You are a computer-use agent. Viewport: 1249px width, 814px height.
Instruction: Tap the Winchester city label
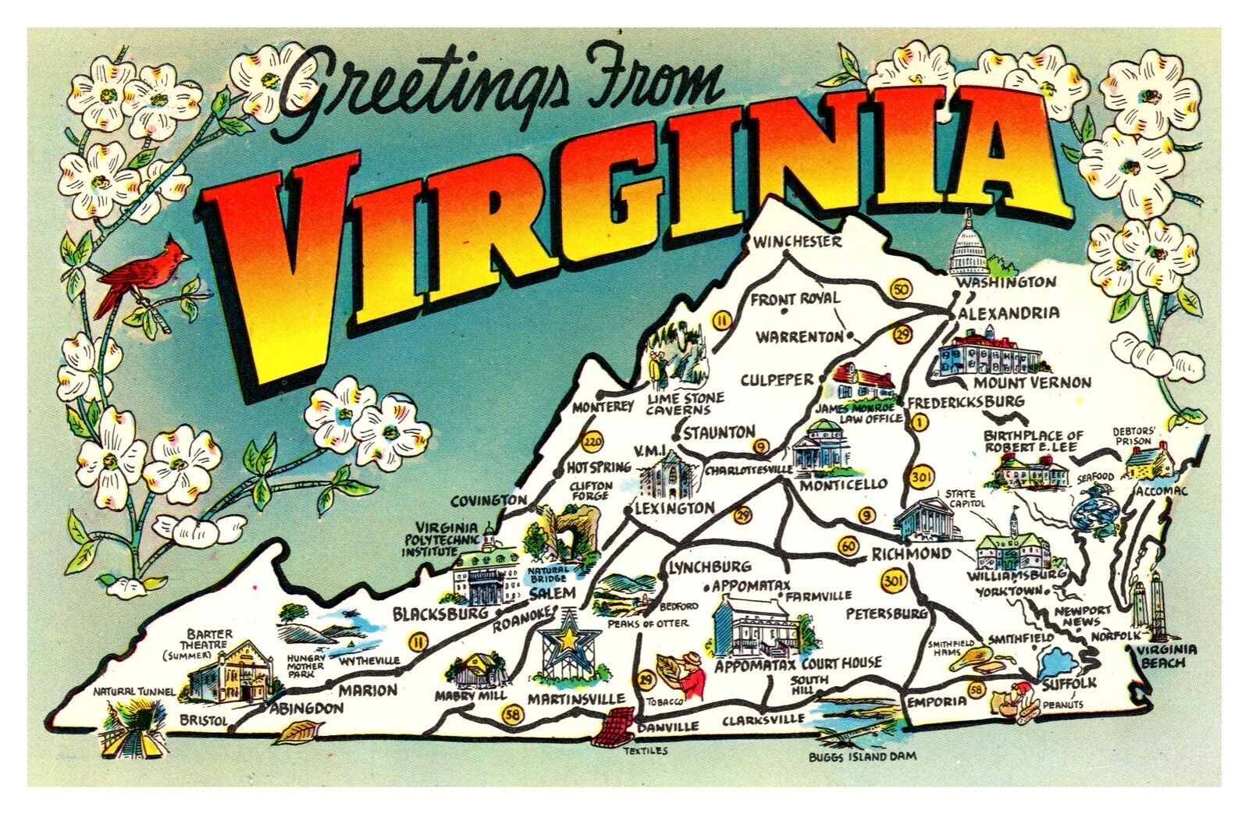coord(797,242)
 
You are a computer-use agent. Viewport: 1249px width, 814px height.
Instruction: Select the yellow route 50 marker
coord(901,290)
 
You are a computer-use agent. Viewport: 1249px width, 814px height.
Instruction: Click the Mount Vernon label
coord(1032,383)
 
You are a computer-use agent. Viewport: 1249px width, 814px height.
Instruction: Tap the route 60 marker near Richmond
coord(849,547)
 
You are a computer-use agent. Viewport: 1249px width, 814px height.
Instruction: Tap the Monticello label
coord(843,484)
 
